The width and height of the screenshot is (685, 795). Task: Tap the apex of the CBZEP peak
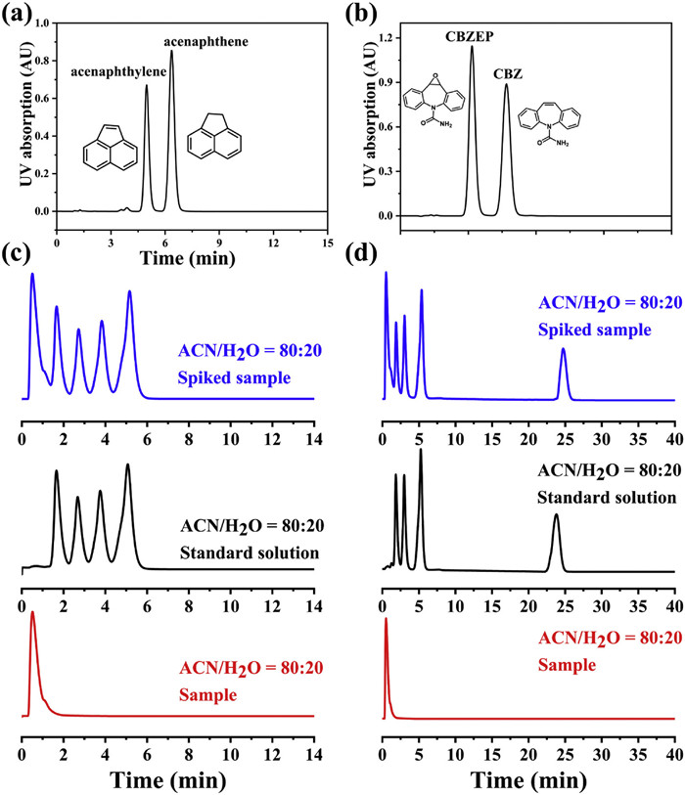[x=472, y=47]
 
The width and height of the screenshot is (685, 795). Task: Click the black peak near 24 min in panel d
[x=556, y=515]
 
